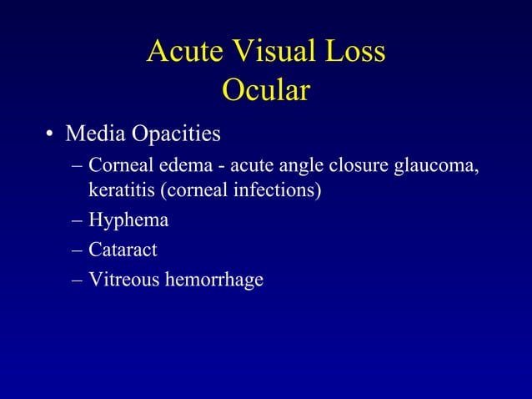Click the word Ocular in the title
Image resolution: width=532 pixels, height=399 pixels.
point(266,91)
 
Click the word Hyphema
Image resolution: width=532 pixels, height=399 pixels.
point(128,221)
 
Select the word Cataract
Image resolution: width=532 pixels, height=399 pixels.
point(123,249)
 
